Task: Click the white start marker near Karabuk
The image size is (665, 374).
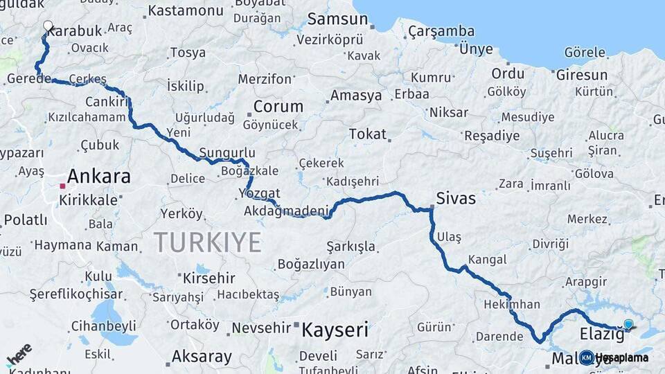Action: coord(48,26)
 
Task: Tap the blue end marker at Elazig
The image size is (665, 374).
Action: coord(628,323)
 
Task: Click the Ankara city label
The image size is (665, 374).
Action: coord(99,176)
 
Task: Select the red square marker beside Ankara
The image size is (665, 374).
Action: coord(62,186)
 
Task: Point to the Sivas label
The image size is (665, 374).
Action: coord(456,199)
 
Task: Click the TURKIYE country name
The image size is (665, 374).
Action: coord(207,242)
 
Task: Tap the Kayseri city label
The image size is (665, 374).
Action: coord(335,330)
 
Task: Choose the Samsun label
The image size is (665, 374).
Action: coord(337,19)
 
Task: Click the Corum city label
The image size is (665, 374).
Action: coord(278,107)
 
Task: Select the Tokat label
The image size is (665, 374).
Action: coord(367,134)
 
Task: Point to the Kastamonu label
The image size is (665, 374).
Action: coord(186,10)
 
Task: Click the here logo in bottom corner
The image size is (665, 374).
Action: coord(19,354)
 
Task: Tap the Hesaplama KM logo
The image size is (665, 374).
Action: coord(614,357)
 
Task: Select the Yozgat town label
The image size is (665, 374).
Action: coord(258,193)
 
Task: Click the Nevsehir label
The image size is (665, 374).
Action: coord(258,328)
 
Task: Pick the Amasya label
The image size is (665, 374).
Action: coord(356,96)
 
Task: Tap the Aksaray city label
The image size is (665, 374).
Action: coord(202,357)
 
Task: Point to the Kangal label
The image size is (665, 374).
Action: coord(487,260)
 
